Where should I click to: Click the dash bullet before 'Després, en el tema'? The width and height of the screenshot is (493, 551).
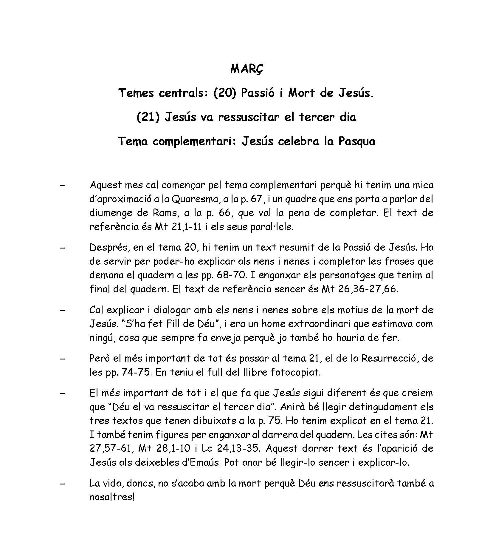(62, 248)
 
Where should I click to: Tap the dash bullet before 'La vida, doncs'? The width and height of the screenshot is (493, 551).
(62, 484)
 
